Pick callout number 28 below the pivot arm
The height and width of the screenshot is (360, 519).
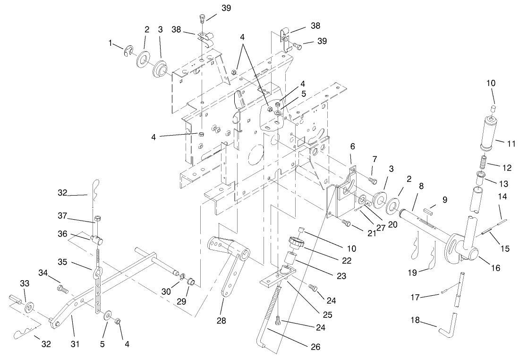pyautogui.click(x=221, y=321)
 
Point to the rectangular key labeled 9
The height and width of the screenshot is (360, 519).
pyautogui.click(x=429, y=206)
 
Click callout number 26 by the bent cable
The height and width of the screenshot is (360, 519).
pyautogui.click(x=316, y=347)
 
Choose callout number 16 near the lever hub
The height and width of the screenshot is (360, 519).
pyautogui.click(x=495, y=268)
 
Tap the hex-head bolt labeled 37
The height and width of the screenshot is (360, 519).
pyautogui.click(x=97, y=219)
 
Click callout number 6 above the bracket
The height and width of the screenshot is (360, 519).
pyautogui.click(x=353, y=147)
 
